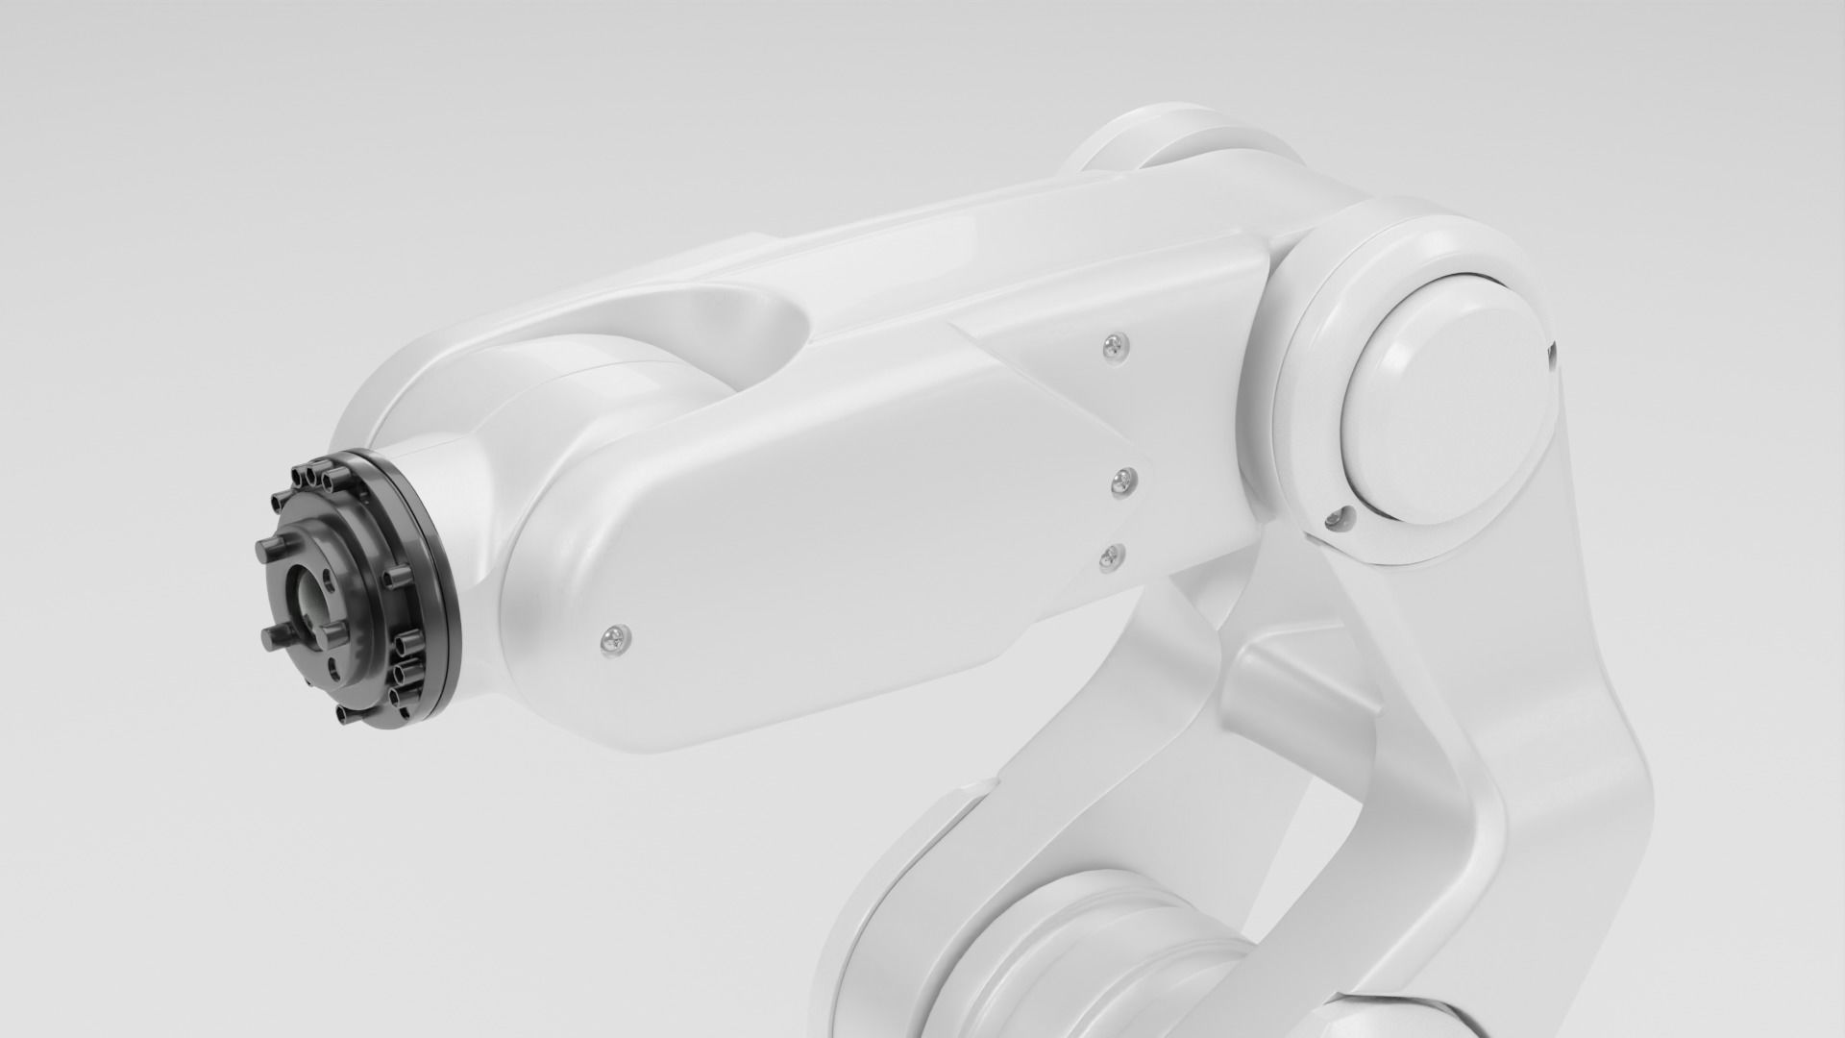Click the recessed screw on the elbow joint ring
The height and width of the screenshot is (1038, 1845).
click(1333, 519)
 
